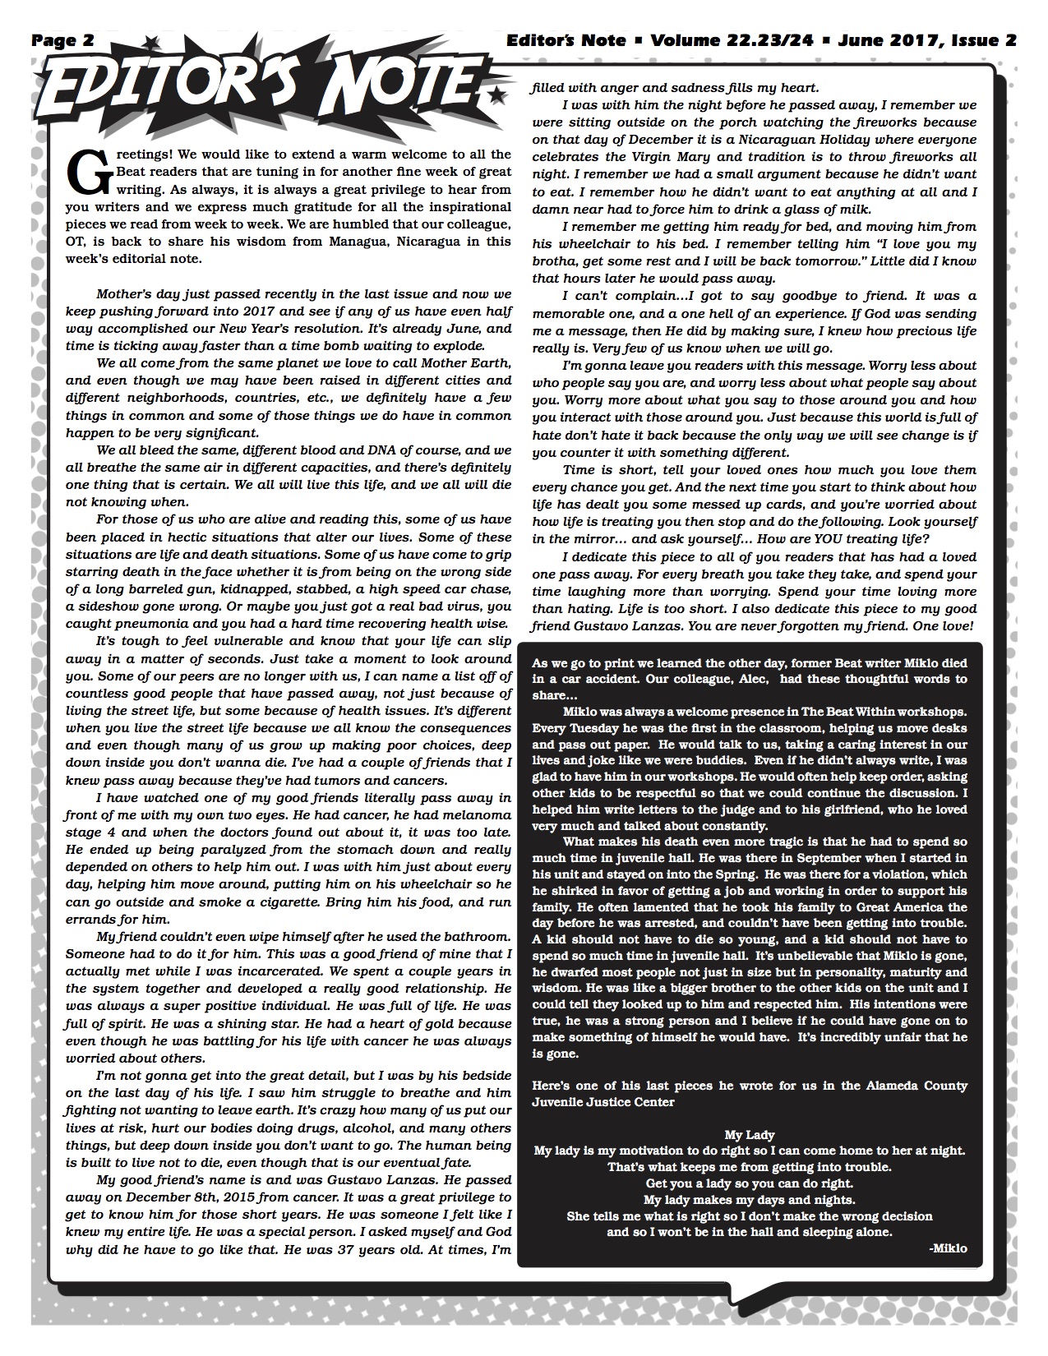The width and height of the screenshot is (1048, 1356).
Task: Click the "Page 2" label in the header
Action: coord(63,39)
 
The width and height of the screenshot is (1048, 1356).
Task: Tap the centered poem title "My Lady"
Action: coord(750,1135)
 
